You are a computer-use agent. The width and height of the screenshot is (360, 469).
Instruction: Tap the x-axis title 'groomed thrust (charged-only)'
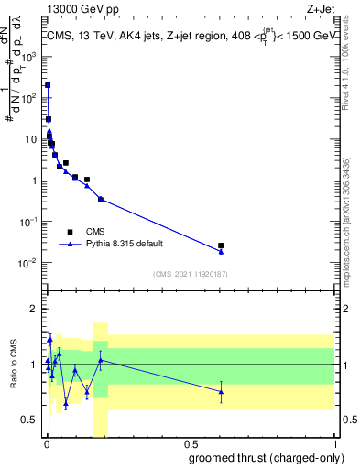(x=267, y=458)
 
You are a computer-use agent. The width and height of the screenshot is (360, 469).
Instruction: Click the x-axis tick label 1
(x=336, y=444)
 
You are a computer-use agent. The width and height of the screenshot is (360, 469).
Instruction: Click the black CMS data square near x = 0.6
(x=221, y=245)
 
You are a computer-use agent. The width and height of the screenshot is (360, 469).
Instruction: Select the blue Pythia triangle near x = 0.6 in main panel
(x=221, y=252)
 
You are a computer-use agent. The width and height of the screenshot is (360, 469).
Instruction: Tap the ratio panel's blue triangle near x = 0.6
(x=221, y=392)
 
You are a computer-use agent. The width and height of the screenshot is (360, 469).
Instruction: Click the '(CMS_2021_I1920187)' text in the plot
(x=190, y=273)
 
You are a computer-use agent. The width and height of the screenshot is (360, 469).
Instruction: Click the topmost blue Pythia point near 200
(x=48, y=85)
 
